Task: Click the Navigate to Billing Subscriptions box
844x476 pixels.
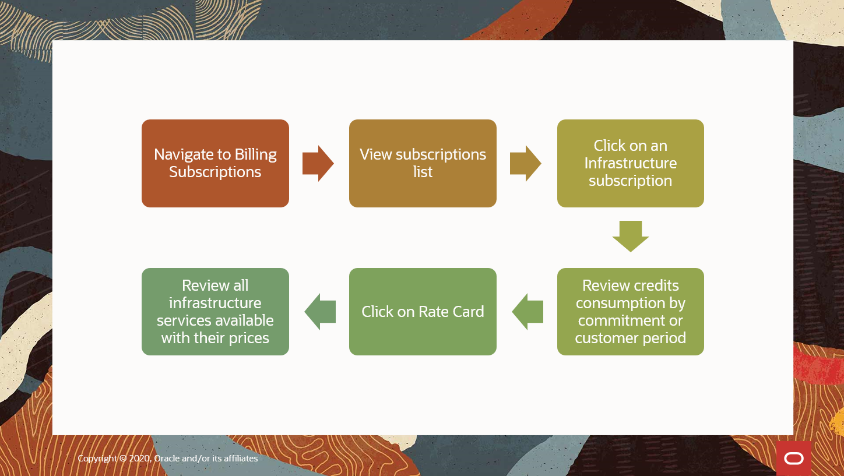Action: [215, 163]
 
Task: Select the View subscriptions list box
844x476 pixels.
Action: [423, 163]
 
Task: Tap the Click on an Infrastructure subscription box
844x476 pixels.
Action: [630, 163]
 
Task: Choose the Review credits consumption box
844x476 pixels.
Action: [630, 312]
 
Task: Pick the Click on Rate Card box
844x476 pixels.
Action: [423, 312]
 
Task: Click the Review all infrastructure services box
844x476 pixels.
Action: [215, 312]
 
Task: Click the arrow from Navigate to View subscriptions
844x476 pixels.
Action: [318, 163]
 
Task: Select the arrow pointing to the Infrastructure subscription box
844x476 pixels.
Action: [526, 163]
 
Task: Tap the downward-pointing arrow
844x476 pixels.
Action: [630, 236]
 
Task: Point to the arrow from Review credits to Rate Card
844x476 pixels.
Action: [527, 312]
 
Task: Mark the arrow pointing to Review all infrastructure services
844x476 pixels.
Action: [320, 312]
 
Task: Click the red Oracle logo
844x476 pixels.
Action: [793, 459]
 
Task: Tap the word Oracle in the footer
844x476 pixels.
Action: [167, 459]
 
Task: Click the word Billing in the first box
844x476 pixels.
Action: [255, 154]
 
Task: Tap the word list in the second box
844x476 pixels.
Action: [423, 172]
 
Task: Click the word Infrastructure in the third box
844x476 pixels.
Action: [630, 163]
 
